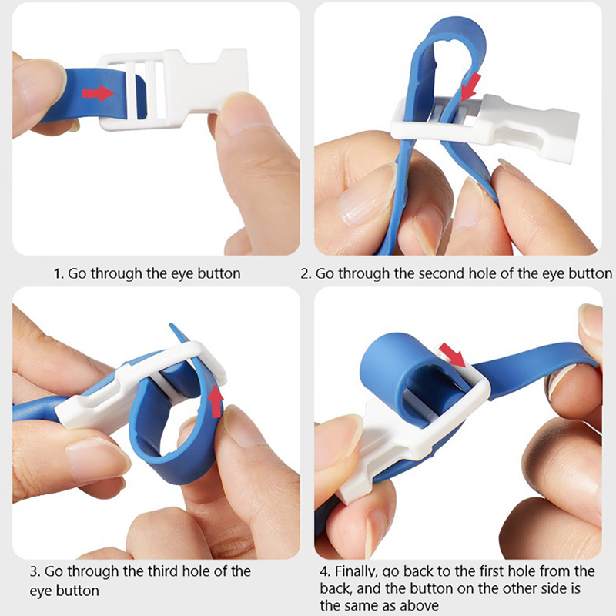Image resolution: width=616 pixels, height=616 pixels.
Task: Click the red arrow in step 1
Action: pos(98,93)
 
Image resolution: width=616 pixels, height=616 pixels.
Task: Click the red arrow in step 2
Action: pos(470,87)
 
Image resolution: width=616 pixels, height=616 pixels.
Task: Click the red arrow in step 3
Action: pos(215,401)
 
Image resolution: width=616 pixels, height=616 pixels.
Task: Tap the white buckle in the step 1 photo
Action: pos(172,89)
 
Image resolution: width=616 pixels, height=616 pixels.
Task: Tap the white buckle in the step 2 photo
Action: pos(485,124)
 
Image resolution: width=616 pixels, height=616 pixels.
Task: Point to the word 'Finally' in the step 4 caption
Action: pos(356,571)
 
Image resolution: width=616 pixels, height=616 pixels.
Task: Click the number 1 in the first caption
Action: pos(57,273)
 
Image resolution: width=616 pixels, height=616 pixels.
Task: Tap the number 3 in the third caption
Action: pos(34,571)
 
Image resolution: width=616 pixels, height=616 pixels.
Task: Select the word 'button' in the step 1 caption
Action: pos(219,273)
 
